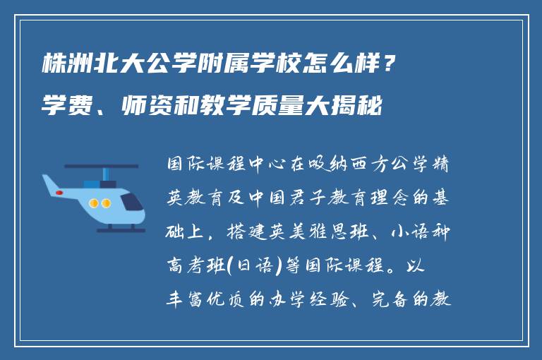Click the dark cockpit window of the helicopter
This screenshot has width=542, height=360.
coord(130,203)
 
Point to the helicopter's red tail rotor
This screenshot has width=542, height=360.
coord(49,191)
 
